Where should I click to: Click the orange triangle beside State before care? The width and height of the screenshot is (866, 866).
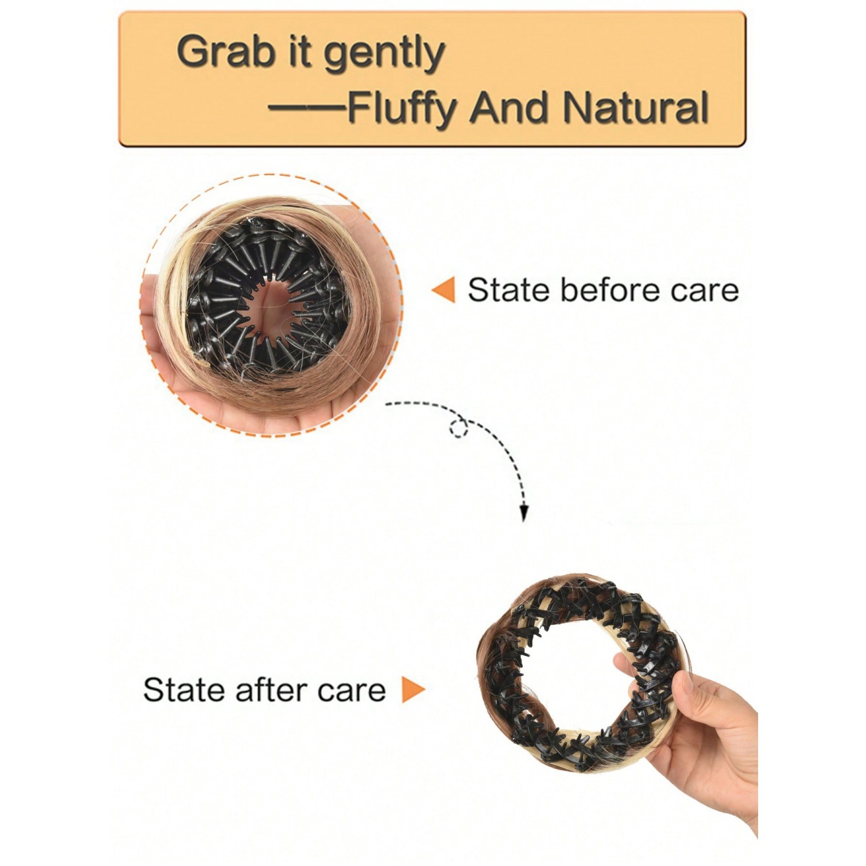tap(444, 290)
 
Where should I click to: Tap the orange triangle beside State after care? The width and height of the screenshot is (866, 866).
tap(412, 690)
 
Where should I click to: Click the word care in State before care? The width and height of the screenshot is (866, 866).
tap(704, 291)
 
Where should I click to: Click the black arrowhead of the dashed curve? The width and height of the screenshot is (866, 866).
tap(525, 514)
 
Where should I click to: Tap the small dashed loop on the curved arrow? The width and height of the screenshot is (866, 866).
tap(459, 427)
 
